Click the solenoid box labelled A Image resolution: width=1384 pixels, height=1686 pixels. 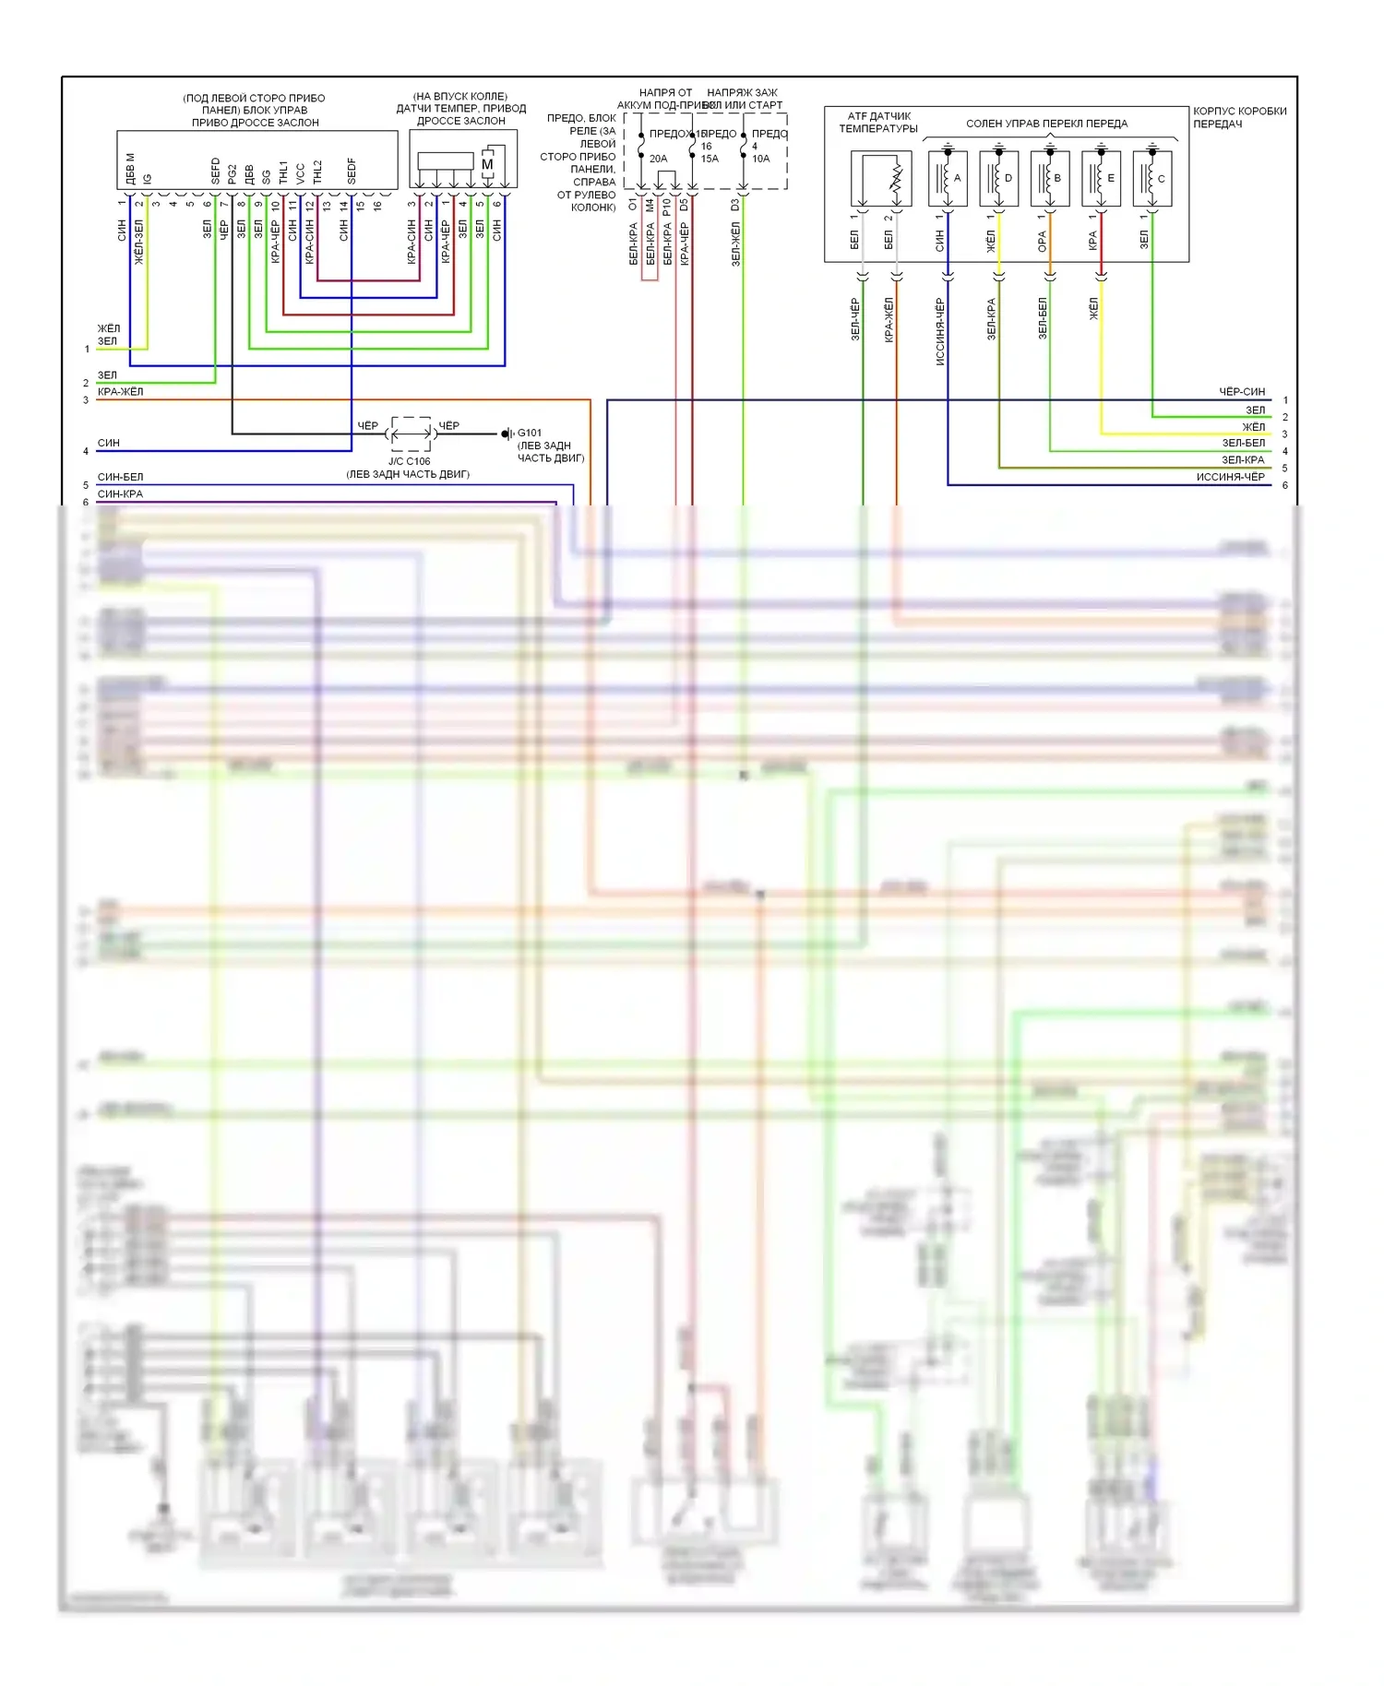click(948, 179)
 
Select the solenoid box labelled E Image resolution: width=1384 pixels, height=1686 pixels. click(1101, 179)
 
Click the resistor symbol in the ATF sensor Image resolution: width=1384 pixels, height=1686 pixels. click(895, 180)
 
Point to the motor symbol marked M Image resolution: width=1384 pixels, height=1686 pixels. click(487, 164)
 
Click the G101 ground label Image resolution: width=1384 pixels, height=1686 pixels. click(530, 433)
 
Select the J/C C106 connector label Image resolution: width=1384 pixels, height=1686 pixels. click(409, 461)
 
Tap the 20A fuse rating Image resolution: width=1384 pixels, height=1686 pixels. click(658, 159)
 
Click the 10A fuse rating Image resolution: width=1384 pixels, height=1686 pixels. click(760, 159)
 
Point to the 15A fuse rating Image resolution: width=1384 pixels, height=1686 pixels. click(709, 159)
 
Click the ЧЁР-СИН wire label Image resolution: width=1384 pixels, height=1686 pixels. click(1242, 392)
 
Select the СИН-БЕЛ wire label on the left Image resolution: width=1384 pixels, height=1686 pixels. click(120, 477)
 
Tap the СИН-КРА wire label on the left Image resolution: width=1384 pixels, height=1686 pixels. click(120, 493)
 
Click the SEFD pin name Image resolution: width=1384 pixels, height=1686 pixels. click(216, 171)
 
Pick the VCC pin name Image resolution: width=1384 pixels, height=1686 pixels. click(300, 173)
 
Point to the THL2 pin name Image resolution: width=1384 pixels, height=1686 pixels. click(317, 172)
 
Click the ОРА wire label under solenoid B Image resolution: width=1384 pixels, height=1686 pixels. click(1042, 242)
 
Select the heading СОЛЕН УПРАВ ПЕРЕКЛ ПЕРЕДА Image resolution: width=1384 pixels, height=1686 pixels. click(1046, 124)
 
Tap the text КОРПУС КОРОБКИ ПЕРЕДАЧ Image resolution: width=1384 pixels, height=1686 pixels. click(1239, 117)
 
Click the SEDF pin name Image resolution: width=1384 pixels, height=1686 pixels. click(352, 171)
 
